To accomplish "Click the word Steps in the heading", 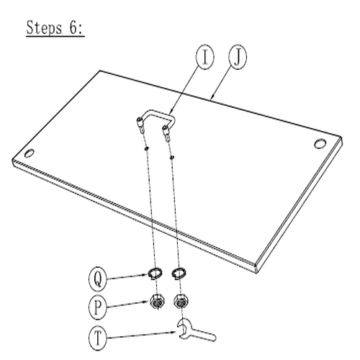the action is pos(44,28).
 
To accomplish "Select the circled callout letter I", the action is pos(205,57).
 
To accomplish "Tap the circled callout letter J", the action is pos(238,57).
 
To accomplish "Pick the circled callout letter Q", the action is pos(98,279).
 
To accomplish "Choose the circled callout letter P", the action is pos(98,307).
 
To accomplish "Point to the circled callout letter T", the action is pos(98,338).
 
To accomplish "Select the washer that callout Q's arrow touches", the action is pos(155,274).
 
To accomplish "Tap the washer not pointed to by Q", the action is pos(179,274).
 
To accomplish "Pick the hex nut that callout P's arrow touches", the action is pos(157,302).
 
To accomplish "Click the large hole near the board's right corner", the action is pos(320,143).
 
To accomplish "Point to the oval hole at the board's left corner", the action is pos(30,153).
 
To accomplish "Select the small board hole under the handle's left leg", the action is pos(146,148).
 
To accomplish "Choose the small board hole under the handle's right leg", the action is pos(172,158).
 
